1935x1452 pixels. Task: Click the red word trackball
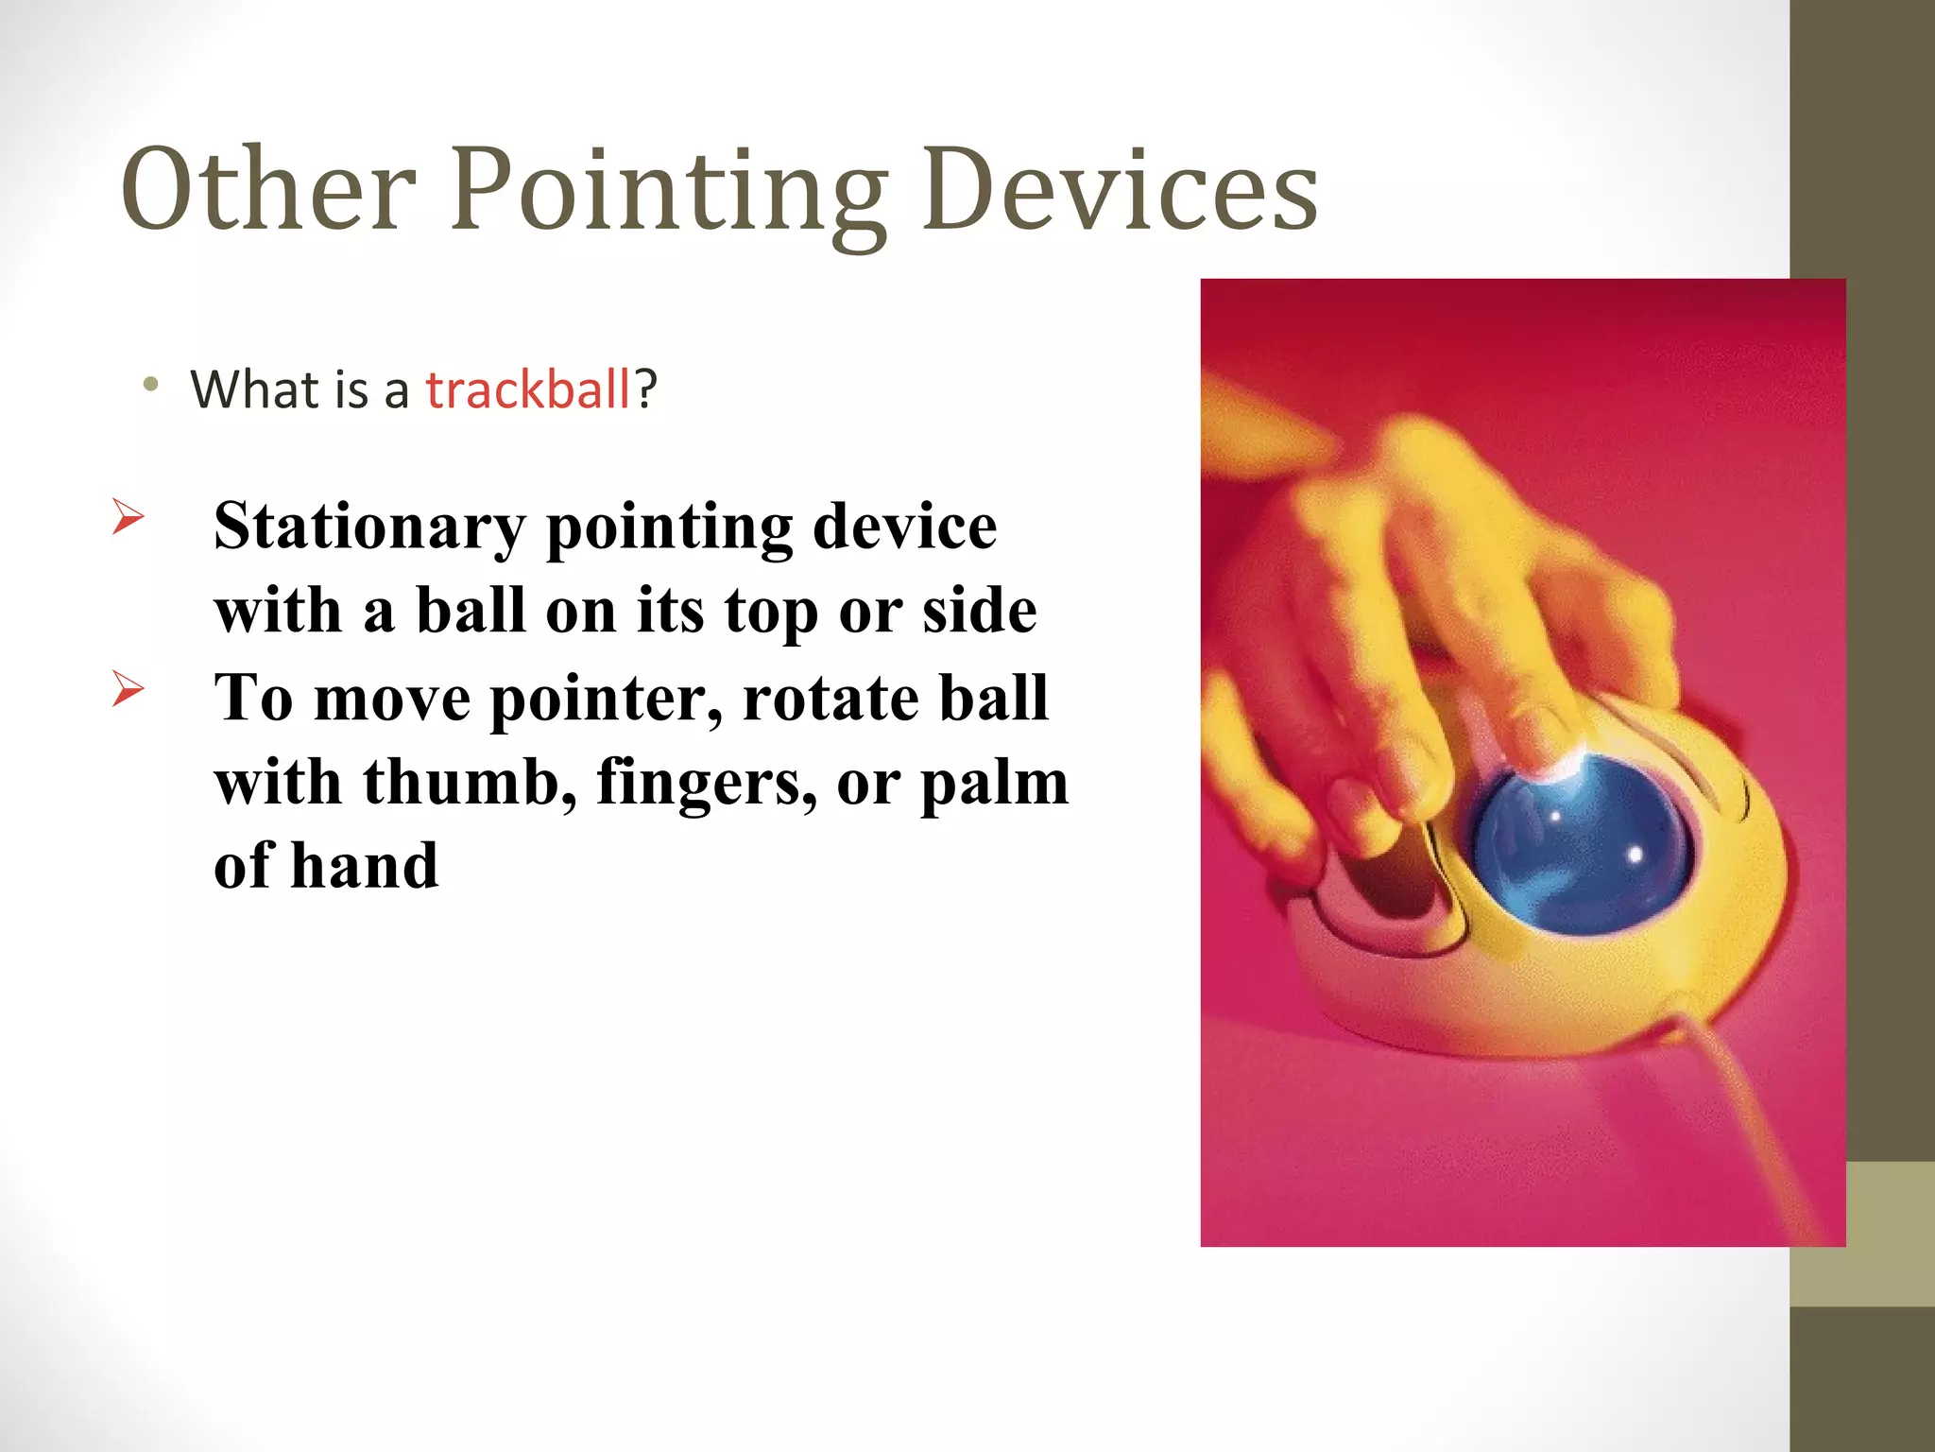coord(527,389)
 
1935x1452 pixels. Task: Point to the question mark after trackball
coord(646,389)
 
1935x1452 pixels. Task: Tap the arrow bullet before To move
coord(128,688)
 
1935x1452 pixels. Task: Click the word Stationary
coord(369,526)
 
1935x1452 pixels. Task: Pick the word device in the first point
coord(904,526)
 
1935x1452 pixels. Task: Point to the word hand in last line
coord(364,866)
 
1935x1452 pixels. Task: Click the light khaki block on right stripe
coord(1861,1234)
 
